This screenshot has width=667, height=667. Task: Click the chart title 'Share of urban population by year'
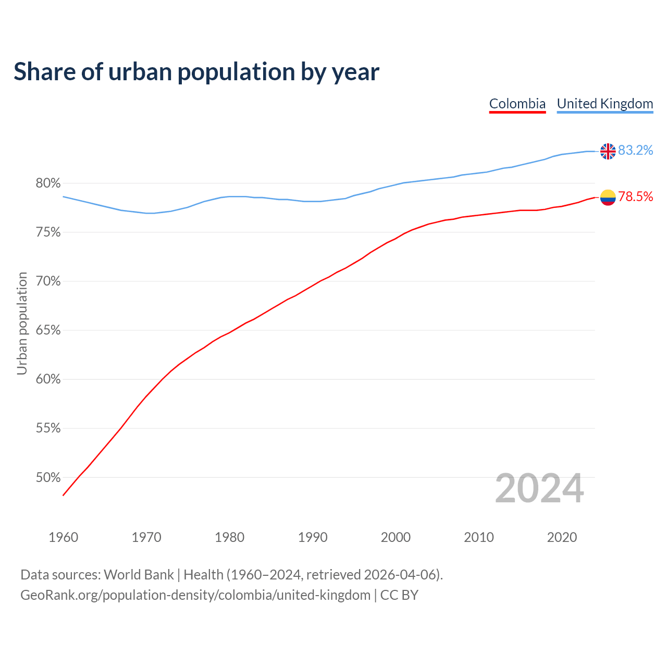(196, 72)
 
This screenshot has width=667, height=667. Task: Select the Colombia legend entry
(517, 104)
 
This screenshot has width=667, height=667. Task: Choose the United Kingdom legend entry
(604, 104)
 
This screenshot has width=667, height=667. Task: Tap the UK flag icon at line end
(608, 151)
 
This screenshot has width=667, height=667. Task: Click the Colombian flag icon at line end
(608, 197)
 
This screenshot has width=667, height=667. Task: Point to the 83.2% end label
(635, 151)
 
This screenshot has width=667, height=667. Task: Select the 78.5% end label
(635, 196)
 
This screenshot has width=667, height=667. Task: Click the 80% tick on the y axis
(48, 183)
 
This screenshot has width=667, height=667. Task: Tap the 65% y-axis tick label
(48, 330)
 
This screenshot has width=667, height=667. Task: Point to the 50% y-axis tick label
(48, 478)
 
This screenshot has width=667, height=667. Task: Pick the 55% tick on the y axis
(48, 429)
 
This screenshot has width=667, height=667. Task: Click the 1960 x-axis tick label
(63, 537)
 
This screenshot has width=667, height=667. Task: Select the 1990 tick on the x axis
(313, 537)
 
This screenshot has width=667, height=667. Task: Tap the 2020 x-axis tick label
(562, 537)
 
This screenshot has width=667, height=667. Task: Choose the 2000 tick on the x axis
(396, 537)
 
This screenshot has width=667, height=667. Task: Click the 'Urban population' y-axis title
(22, 323)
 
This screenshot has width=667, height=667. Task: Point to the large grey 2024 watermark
(539, 488)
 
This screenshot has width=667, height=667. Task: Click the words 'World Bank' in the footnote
(139, 575)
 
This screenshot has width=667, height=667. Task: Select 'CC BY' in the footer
(399, 595)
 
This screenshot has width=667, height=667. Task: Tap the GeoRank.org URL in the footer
(195, 595)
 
